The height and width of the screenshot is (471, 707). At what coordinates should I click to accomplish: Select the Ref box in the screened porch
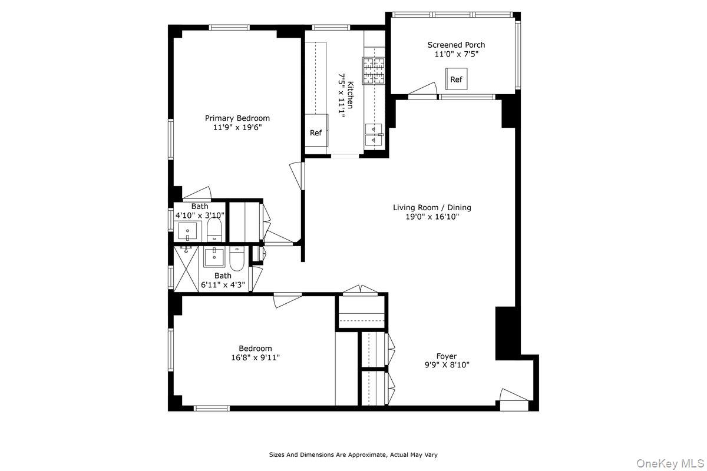click(x=456, y=79)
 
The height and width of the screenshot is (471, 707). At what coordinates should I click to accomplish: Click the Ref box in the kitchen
click(x=316, y=133)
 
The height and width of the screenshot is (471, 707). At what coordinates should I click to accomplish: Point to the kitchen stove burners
click(x=373, y=71)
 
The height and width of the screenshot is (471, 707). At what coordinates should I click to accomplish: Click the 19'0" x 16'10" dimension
click(x=432, y=217)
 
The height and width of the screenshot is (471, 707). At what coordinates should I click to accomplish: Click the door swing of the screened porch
click(x=422, y=89)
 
